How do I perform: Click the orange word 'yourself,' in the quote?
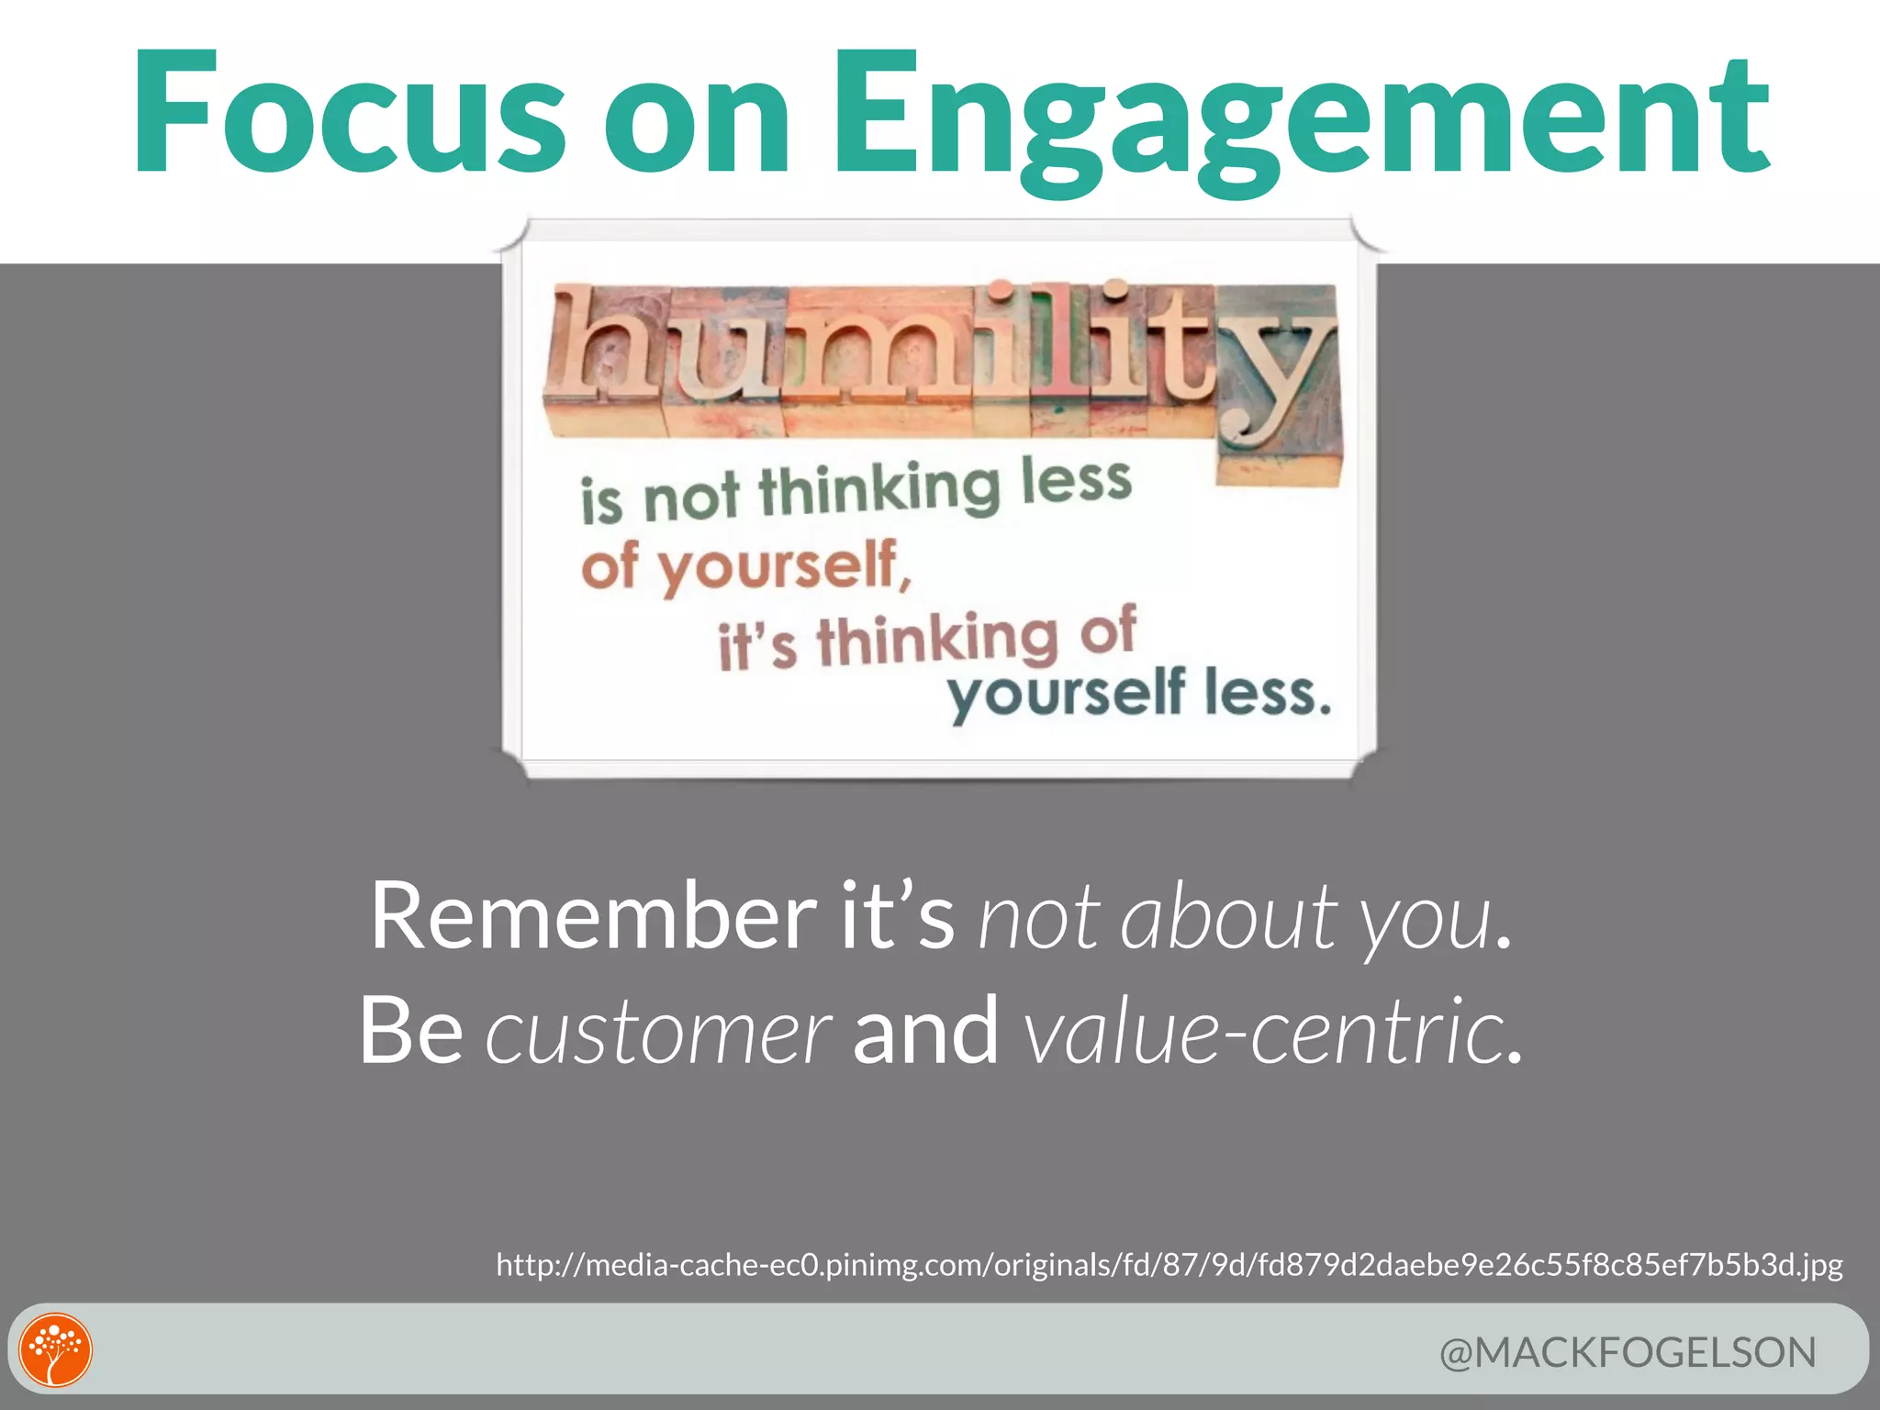point(786,567)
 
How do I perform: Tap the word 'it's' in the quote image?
point(756,645)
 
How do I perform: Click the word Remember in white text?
point(592,916)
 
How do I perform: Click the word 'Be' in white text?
point(410,1032)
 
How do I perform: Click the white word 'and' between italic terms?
point(924,1032)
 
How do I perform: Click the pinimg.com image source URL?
point(1169,1265)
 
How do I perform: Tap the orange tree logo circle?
point(56,1350)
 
